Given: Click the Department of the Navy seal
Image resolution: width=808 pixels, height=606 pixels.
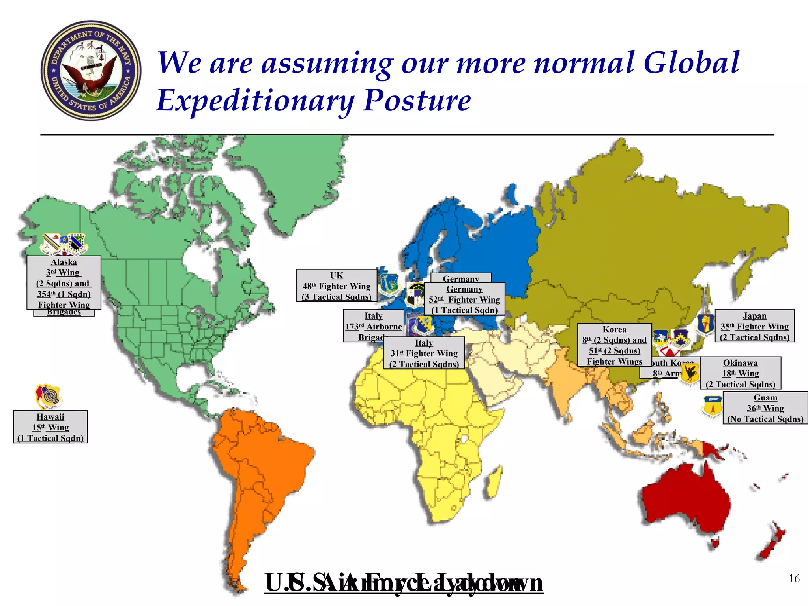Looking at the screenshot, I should (91, 70).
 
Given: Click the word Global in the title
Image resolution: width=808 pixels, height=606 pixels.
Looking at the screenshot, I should (691, 63).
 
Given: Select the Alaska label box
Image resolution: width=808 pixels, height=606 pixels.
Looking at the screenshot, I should (64, 282).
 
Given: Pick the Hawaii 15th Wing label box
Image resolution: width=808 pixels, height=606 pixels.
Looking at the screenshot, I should (50, 427).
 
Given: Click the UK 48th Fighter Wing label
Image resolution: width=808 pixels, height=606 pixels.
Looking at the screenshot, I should (336, 286).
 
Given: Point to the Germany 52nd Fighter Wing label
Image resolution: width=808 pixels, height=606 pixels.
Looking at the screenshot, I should (464, 299).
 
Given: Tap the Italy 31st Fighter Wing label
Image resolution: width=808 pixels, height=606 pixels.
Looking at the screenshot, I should (424, 353).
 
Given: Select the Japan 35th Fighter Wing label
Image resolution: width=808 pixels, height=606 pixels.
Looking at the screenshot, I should (754, 326).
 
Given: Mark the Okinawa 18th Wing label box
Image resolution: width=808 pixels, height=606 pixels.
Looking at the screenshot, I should (741, 373).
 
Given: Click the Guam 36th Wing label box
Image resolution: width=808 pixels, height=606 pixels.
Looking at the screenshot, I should (765, 408).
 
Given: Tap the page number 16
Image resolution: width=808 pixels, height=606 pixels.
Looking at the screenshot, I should (794, 578).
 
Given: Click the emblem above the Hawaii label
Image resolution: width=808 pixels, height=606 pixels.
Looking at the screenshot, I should (49, 396).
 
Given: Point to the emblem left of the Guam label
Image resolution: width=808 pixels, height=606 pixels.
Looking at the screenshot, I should (712, 407).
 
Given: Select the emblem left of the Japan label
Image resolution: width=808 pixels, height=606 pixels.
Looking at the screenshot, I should (705, 325).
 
